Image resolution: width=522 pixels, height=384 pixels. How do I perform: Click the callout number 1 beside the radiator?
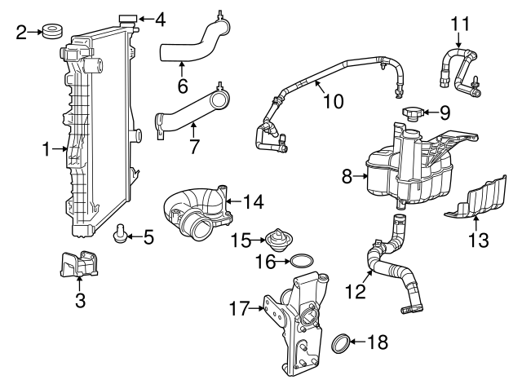[x=46, y=149]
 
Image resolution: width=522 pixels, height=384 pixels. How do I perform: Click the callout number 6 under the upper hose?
[x=182, y=83]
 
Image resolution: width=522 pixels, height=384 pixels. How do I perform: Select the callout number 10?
[x=332, y=102]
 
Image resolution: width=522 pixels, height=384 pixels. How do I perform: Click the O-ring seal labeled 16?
[x=301, y=261]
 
